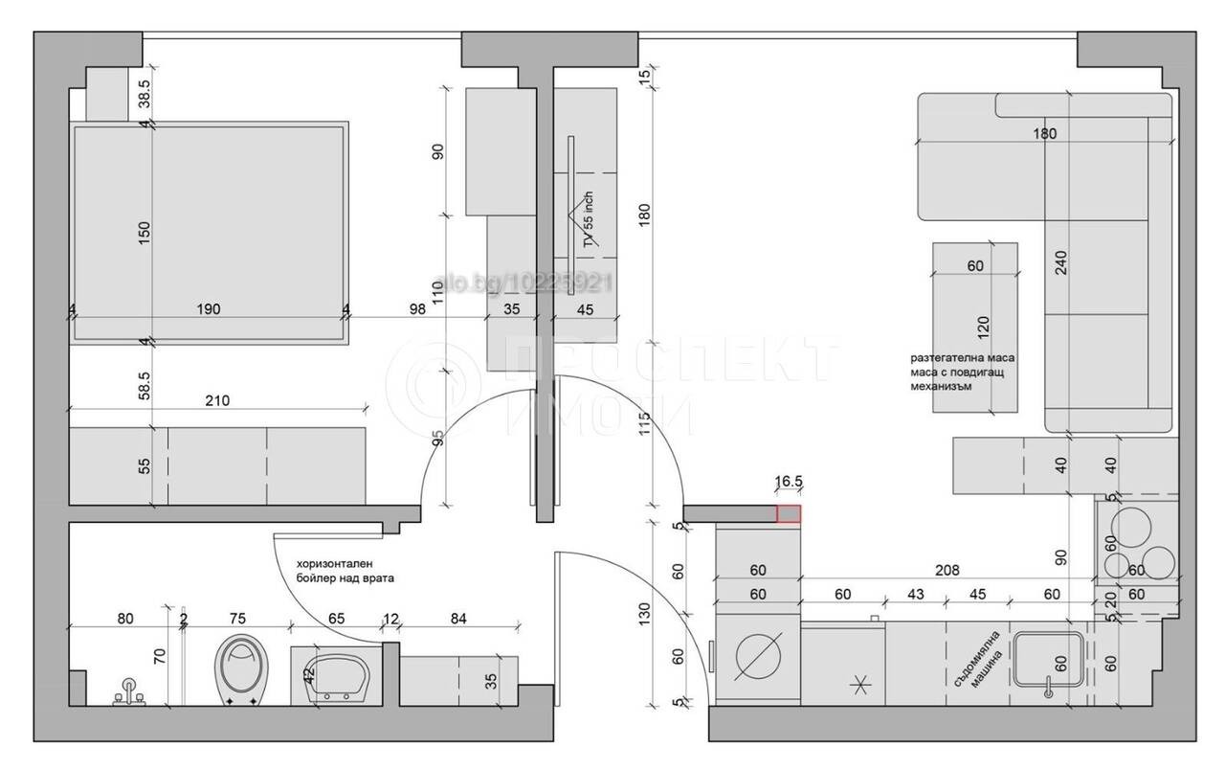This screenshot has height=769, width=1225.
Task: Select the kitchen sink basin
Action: pyautogui.click(x=1050, y=661)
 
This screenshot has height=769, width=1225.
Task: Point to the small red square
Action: pyautogui.click(x=789, y=514)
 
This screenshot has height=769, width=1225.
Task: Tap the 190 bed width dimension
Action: pyautogui.click(x=209, y=308)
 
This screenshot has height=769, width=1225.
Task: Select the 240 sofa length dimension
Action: pyautogui.click(x=1061, y=260)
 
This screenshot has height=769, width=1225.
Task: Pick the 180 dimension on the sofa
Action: pyautogui.click(x=1045, y=134)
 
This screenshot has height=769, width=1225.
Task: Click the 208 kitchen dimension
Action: pyautogui.click(x=947, y=570)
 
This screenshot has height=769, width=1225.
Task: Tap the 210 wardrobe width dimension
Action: pyautogui.click(x=217, y=401)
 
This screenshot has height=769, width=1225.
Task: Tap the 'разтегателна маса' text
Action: pyautogui.click(x=963, y=357)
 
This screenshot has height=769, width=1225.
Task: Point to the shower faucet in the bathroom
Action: pyautogui.click(x=127, y=691)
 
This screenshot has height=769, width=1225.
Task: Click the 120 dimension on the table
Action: pyautogui.click(x=983, y=325)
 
